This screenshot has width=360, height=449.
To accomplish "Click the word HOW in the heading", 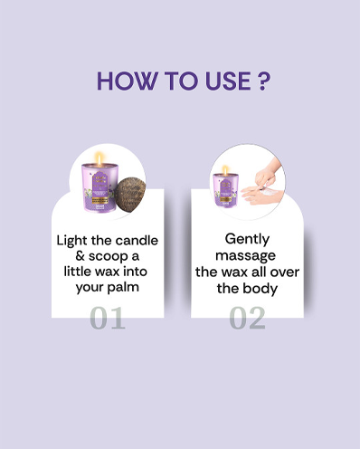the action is pos(127,81).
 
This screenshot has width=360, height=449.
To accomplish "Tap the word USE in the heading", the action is pos(228,81).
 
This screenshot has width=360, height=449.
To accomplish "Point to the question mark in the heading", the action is pos(263,81).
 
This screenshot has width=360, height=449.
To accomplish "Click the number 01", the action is pos(108,318).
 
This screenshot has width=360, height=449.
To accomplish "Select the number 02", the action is pos(247,318).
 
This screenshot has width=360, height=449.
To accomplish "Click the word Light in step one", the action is pos(72,242).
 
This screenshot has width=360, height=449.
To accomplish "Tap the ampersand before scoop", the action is pos(80,256).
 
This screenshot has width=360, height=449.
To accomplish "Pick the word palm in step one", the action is pos(123,287).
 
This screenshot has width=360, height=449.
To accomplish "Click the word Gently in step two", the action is pos(247,240).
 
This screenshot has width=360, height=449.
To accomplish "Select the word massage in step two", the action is pos(245,256).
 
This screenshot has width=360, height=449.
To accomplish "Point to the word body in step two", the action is pos(261,288).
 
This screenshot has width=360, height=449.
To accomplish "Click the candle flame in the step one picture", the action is pos(99,158).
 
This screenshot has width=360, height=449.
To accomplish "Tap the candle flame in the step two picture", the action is pos(225,170).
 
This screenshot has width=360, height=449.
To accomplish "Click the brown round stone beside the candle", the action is pos(130,195).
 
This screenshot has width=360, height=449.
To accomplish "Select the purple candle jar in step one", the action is pos(99,187).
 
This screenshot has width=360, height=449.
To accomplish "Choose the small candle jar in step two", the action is pos(225,190).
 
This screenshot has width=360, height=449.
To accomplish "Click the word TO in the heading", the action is pos(181,81).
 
